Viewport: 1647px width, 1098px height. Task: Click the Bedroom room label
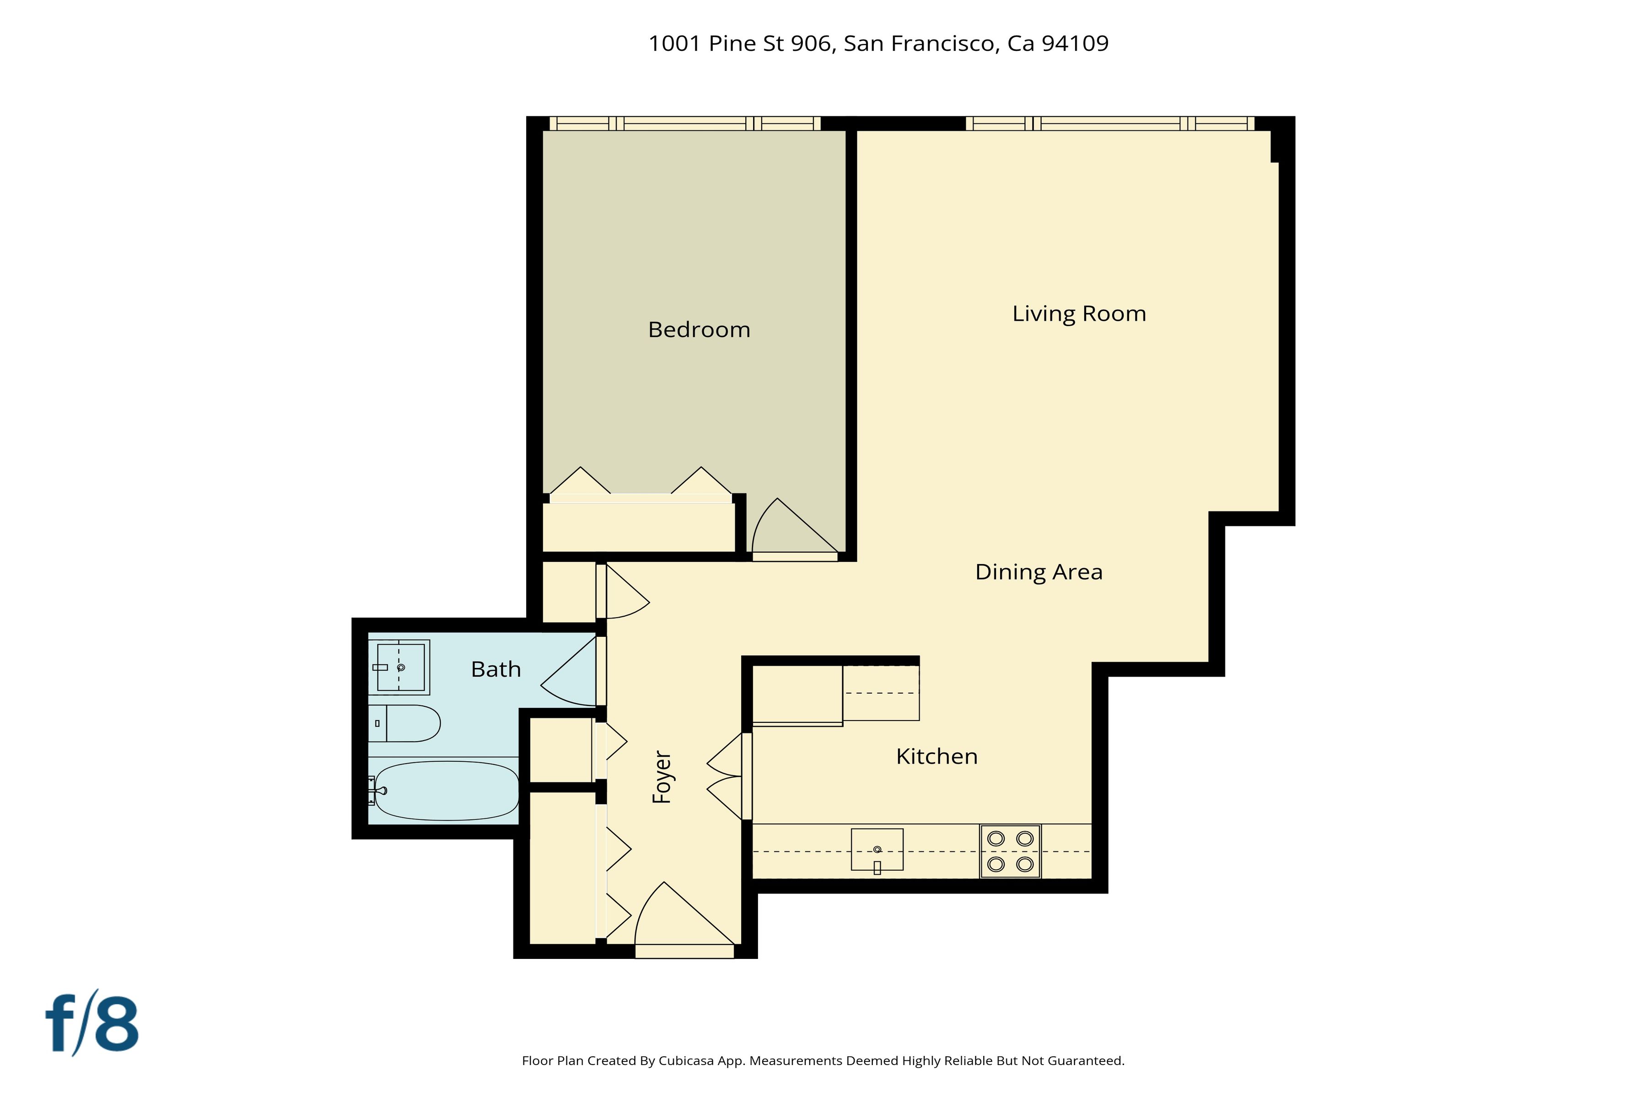coord(699,330)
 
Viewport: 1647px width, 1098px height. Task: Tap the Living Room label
coord(1079,314)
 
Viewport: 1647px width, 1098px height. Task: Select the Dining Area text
coord(1039,572)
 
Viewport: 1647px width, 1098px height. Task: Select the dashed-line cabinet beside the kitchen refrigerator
coord(880,693)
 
